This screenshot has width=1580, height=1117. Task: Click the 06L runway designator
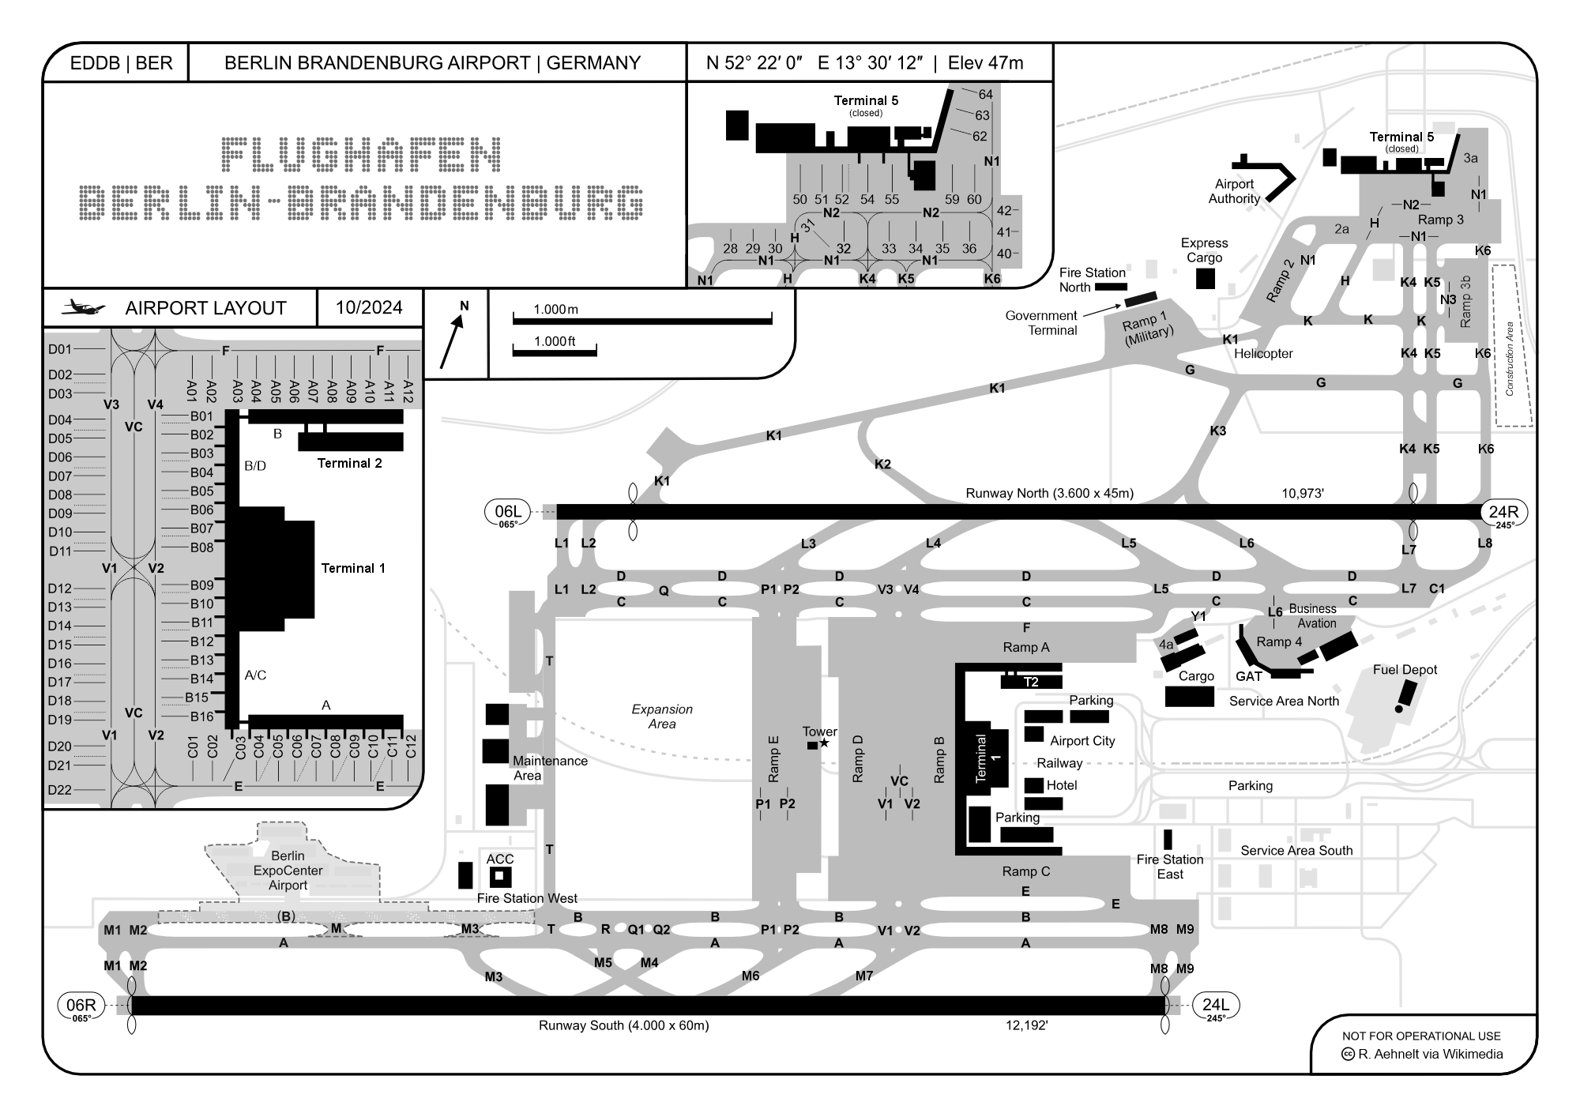[506, 512]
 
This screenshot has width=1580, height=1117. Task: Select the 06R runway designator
[81, 1005]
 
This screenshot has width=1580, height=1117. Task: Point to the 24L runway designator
[1215, 1005]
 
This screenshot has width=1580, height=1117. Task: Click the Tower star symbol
[825, 743]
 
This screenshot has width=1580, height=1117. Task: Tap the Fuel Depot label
[1405, 670]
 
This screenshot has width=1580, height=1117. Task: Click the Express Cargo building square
[1205, 278]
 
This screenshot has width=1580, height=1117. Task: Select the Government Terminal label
[1041, 323]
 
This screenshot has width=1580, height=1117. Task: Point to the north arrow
[451, 341]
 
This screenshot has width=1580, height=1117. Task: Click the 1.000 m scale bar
[642, 321]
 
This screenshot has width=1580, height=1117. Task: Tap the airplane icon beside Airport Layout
[83, 307]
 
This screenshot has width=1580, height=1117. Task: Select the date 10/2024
[369, 307]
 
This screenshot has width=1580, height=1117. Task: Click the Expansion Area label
[662, 716]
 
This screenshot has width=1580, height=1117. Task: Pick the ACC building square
[499, 877]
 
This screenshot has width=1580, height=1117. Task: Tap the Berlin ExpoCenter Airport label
[288, 871]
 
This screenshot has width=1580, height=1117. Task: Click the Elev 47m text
[985, 63]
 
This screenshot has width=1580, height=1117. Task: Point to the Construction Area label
[1510, 359]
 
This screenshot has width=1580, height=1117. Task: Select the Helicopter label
[1263, 354]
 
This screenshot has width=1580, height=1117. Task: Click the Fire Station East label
[1170, 867]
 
